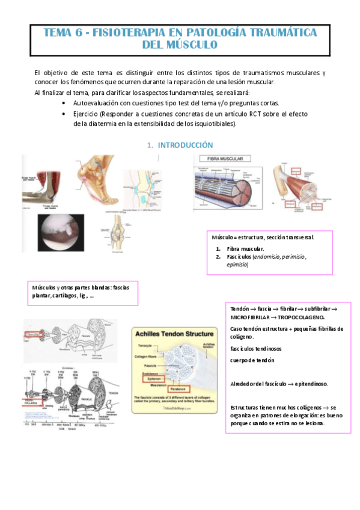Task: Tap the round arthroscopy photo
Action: click(x=60, y=232)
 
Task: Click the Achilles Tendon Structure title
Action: click(x=174, y=334)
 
